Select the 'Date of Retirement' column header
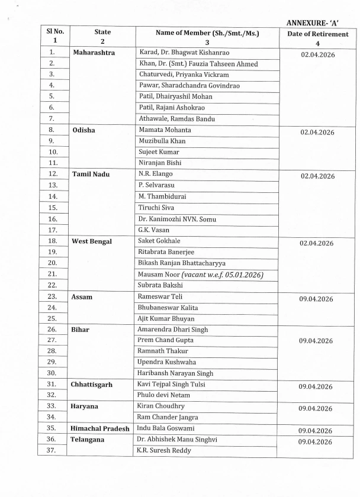click(318, 34)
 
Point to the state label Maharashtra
click(94, 53)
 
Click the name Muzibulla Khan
click(161, 141)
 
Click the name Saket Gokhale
click(159, 241)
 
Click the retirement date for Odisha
click(317, 133)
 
